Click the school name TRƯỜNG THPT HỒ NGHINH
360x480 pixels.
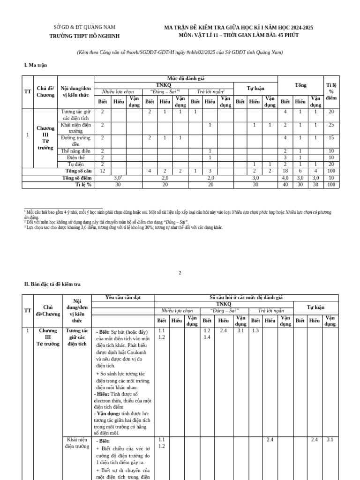click(84, 36)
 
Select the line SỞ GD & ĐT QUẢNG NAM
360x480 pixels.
click(84, 27)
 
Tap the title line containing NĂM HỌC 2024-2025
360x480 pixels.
click(239, 28)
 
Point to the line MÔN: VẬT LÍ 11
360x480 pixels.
click(239, 35)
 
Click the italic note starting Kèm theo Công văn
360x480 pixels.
click(180, 52)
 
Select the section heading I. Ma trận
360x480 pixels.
click(36, 65)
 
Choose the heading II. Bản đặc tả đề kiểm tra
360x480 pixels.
click(52, 284)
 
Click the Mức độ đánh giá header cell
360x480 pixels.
click(186, 78)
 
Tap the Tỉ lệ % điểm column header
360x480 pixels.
click(331, 91)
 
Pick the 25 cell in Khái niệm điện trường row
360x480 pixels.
click(331, 125)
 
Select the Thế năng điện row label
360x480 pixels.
click(75, 151)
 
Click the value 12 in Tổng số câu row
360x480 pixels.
click(102, 171)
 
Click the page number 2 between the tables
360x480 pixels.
click(180, 273)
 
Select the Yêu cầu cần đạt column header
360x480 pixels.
click(123, 298)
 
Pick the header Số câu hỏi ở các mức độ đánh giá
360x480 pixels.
click(246, 298)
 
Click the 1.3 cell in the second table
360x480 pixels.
click(255, 331)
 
